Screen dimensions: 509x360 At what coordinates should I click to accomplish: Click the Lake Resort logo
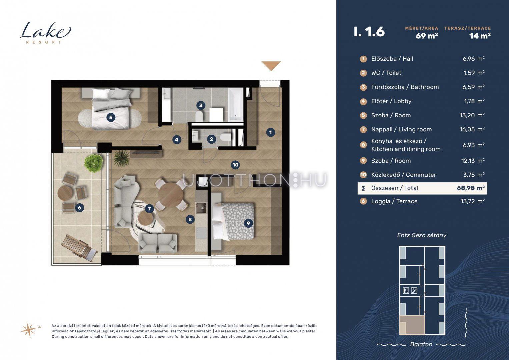pos(45,33)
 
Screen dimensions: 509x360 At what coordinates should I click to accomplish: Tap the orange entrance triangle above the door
pos(271,66)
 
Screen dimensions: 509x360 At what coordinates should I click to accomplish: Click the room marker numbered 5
pos(111,117)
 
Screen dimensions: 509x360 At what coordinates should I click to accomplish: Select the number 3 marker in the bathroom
pos(201,105)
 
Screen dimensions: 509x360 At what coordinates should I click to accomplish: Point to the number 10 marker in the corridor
pos(235,165)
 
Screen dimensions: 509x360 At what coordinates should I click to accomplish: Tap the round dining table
pos(170,194)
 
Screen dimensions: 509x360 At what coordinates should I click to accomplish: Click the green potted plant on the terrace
pos(94,163)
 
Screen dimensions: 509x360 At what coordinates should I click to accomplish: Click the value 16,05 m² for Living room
pos(472,129)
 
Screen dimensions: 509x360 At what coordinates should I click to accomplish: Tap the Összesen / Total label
pos(394,188)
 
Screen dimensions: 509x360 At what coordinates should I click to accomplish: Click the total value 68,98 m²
pos(471,188)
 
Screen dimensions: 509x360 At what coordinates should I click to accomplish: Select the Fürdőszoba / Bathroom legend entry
pos(405,87)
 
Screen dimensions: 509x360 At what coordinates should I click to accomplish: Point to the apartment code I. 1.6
pos(369,32)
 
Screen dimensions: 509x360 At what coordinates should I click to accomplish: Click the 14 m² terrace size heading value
pos(480,36)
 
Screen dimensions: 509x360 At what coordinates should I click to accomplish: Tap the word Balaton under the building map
pos(421,344)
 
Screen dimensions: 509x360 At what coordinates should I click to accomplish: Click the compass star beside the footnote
pos(28,329)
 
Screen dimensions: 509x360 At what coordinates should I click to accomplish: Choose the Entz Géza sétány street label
pos(422,235)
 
